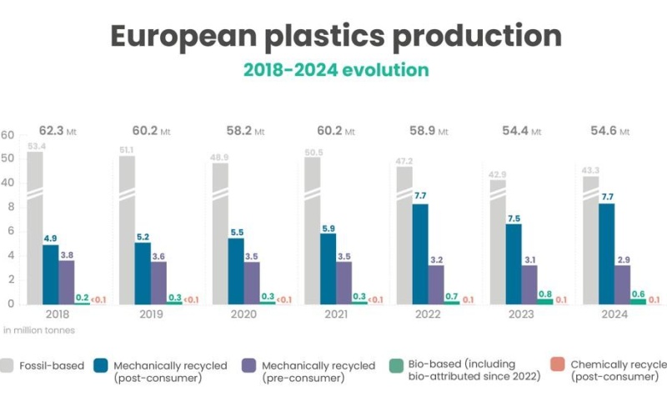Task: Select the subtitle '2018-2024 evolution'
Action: click(x=335, y=69)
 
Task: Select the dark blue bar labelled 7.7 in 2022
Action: click(x=419, y=254)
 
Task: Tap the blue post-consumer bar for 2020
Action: click(x=235, y=271)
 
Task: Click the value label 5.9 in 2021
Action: click(x=328, y=227)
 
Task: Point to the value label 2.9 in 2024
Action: click(x=622, y=259)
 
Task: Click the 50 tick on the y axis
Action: click(x=8, y=158)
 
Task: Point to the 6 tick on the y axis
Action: click(x=11, y=230)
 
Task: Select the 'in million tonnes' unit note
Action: click(x=39, y=330)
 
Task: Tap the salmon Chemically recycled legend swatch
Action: click(x=558, y=365)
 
